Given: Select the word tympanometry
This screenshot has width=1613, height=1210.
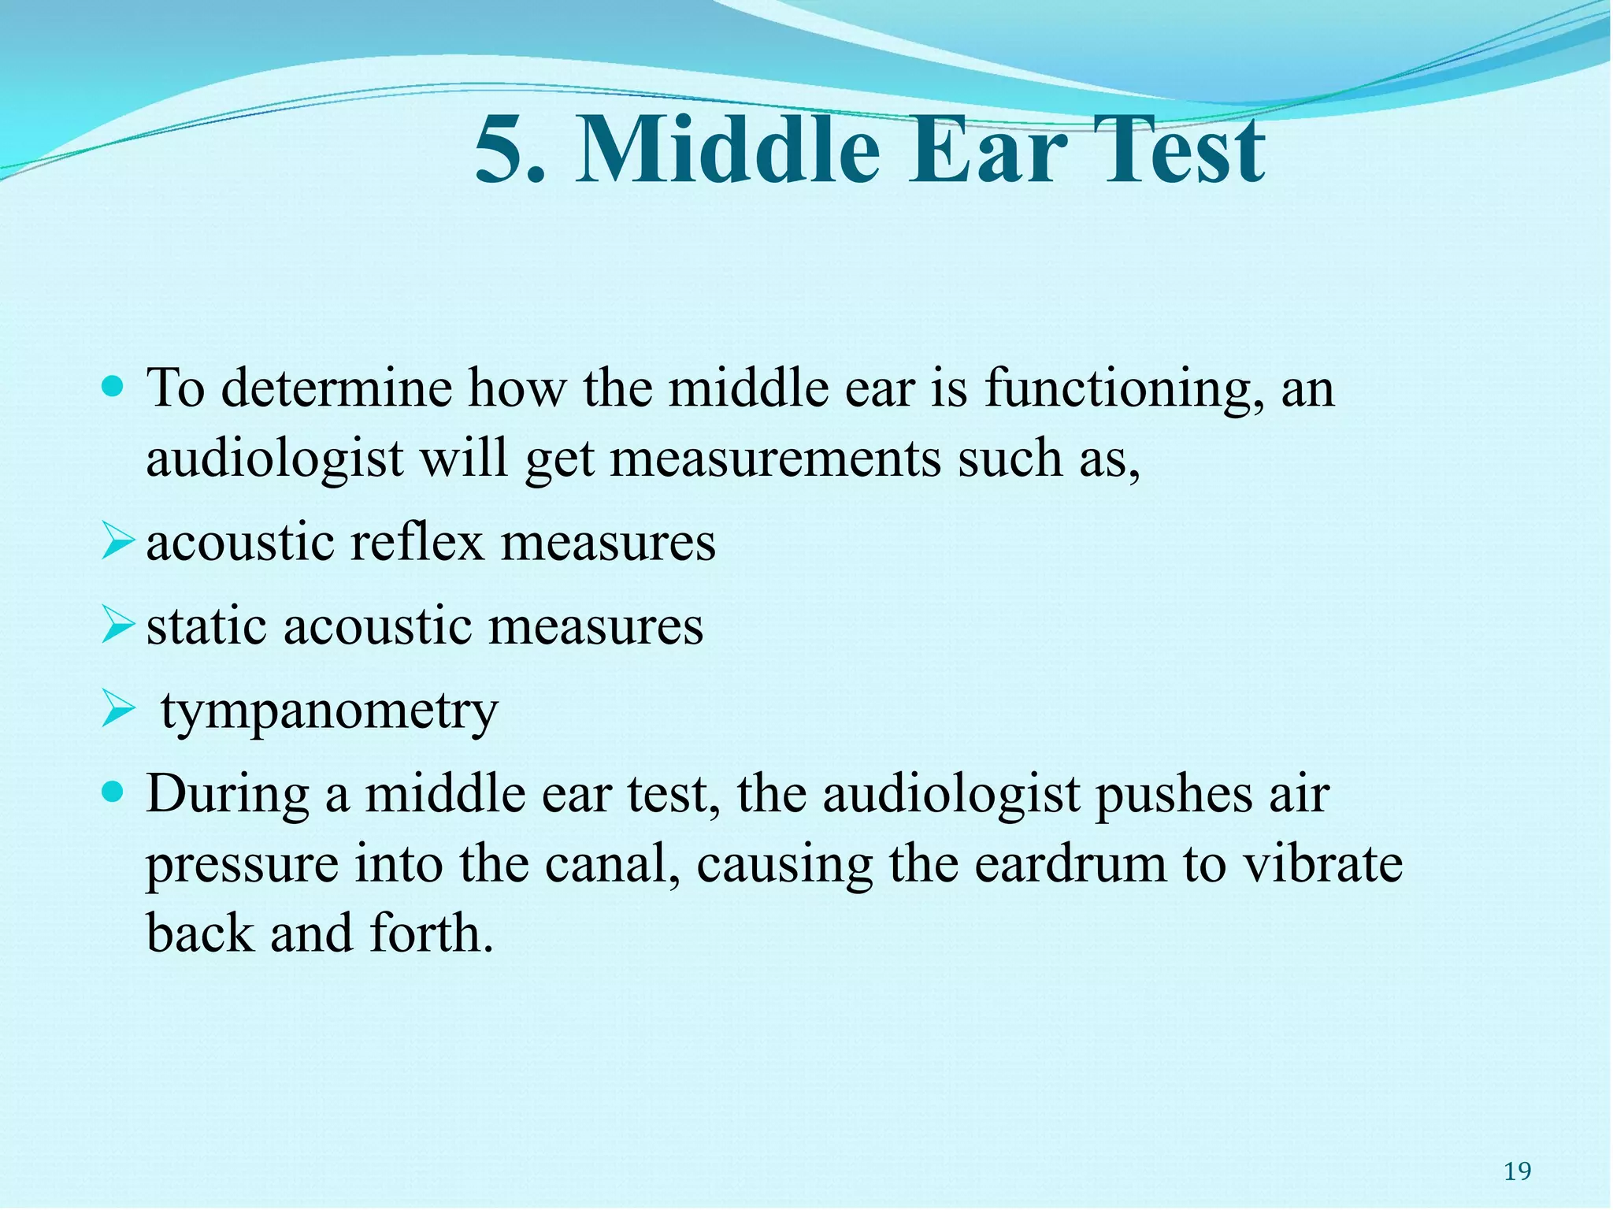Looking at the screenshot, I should pos(329,711).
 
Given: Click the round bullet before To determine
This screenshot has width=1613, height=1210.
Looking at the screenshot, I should pos(114,387).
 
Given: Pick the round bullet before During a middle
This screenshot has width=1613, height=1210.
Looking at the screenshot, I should pos(114,792).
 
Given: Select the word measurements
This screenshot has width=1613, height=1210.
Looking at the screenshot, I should pos(775,458).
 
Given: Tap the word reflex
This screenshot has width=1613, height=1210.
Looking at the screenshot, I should pos(416,543).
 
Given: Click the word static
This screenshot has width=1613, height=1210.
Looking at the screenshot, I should pos(206,626).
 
